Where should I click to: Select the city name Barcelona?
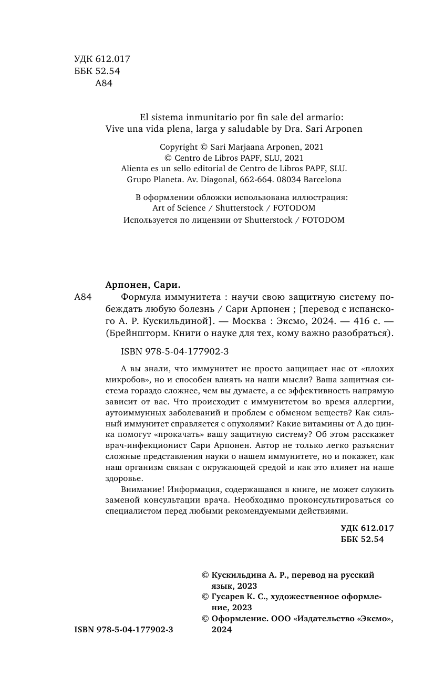318,179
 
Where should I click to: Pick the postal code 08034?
281,179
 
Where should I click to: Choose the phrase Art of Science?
179,207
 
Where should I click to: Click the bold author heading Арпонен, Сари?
143,285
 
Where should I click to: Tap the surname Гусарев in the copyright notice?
228,597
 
